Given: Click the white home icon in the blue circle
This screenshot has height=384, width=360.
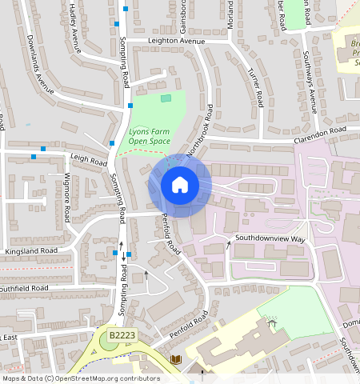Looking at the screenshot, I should click(x=180, y=186).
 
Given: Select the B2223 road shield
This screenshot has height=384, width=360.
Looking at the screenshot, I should click(x=122, y=334).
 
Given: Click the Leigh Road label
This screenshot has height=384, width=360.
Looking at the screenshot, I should click(x=88, y=160).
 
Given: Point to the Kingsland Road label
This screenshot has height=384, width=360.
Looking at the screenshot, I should click(x=32, y=251).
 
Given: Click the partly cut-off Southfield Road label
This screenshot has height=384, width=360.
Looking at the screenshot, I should click(x=24, y=287).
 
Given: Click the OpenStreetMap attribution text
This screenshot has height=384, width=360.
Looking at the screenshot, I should click(x=80, y=378).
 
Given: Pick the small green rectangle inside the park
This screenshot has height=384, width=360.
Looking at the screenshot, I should click(x=166, y=98).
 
